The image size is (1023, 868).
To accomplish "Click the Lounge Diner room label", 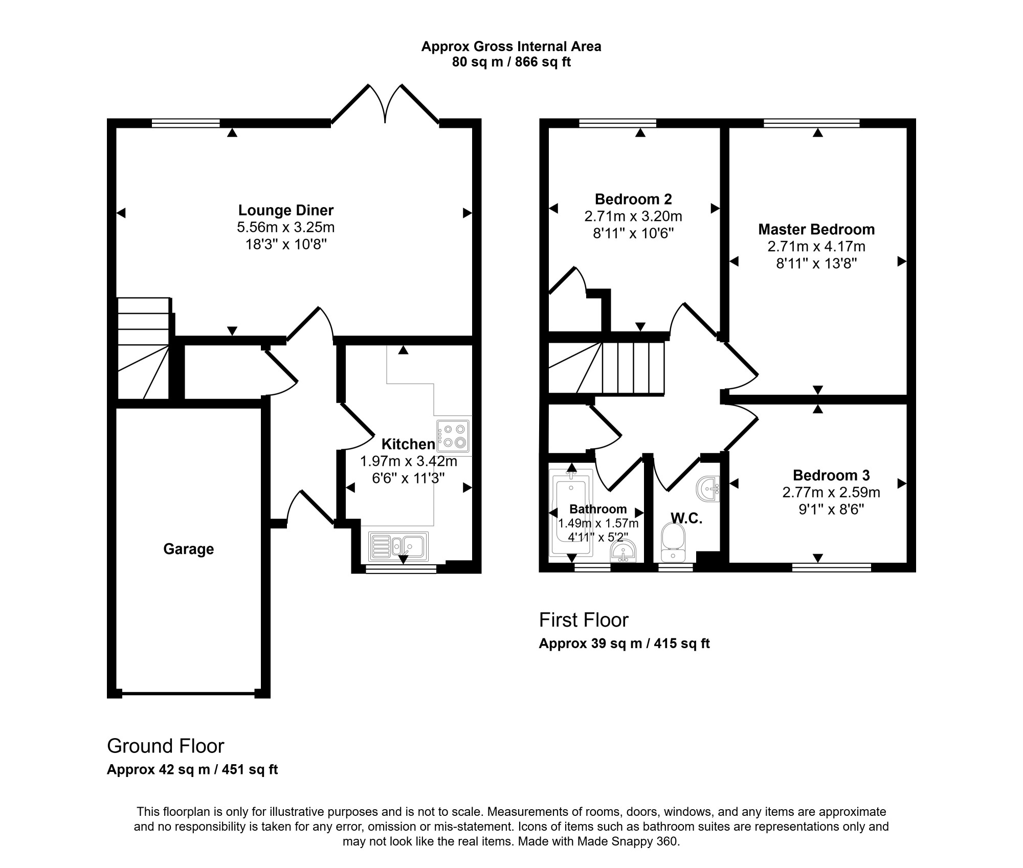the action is (x=286, y=210).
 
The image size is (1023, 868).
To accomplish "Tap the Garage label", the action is (x=188, y=549).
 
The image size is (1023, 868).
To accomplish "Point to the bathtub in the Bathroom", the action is (x=571, y=512).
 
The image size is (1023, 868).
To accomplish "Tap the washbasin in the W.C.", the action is (x=708, y=488).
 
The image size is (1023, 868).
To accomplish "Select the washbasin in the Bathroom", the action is (x=623, y=551).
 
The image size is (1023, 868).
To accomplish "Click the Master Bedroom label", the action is (x=816, y=229).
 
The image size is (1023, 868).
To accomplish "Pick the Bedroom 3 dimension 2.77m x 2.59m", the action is (x=831, y=493).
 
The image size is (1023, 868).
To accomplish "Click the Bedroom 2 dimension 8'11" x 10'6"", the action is (x=633, y=233).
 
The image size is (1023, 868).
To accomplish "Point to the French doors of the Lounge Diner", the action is (x=385, y=104).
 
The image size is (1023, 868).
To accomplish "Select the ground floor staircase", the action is (x=144, y=348).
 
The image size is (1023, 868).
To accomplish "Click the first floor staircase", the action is (x=606, y=368).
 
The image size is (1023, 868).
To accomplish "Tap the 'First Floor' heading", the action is (x=584, y=620).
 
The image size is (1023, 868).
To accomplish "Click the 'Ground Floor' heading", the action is (x=165, y=746).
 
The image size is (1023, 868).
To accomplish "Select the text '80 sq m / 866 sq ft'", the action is (x=511, y=62).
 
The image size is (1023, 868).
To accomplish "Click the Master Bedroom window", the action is (x=812, y=123).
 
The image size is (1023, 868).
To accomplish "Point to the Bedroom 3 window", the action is (x=832, y=567).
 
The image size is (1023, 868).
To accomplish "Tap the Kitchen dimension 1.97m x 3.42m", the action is (x=409, y=461).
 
